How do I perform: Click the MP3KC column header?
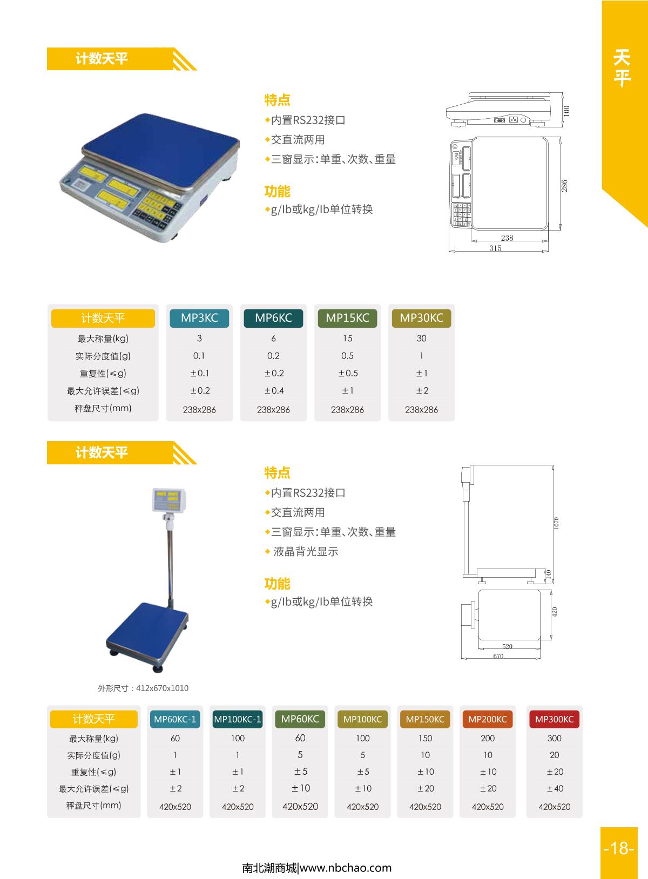coord(199,318)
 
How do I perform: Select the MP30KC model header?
coord(421,318)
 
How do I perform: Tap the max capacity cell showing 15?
coord(347,339)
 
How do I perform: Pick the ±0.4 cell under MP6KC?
coord(274,390)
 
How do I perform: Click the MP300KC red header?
coord(554,719)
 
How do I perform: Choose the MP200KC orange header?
coord(487,719)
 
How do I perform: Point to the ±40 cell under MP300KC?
coord(555,788)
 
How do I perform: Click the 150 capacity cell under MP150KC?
coord(425,738)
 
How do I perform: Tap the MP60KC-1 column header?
coord(175,719)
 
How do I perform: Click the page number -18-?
coord(619,848)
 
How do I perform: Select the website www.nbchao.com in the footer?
coord(345,868)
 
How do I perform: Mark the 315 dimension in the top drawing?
coord(495,248)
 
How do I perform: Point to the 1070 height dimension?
coord(556,523)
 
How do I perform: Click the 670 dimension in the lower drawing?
coord(498,656)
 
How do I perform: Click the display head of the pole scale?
coord(168,500)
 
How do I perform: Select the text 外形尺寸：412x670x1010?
coord(143,688)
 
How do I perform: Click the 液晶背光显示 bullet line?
coord(305,552)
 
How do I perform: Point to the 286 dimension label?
coord(565,186)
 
